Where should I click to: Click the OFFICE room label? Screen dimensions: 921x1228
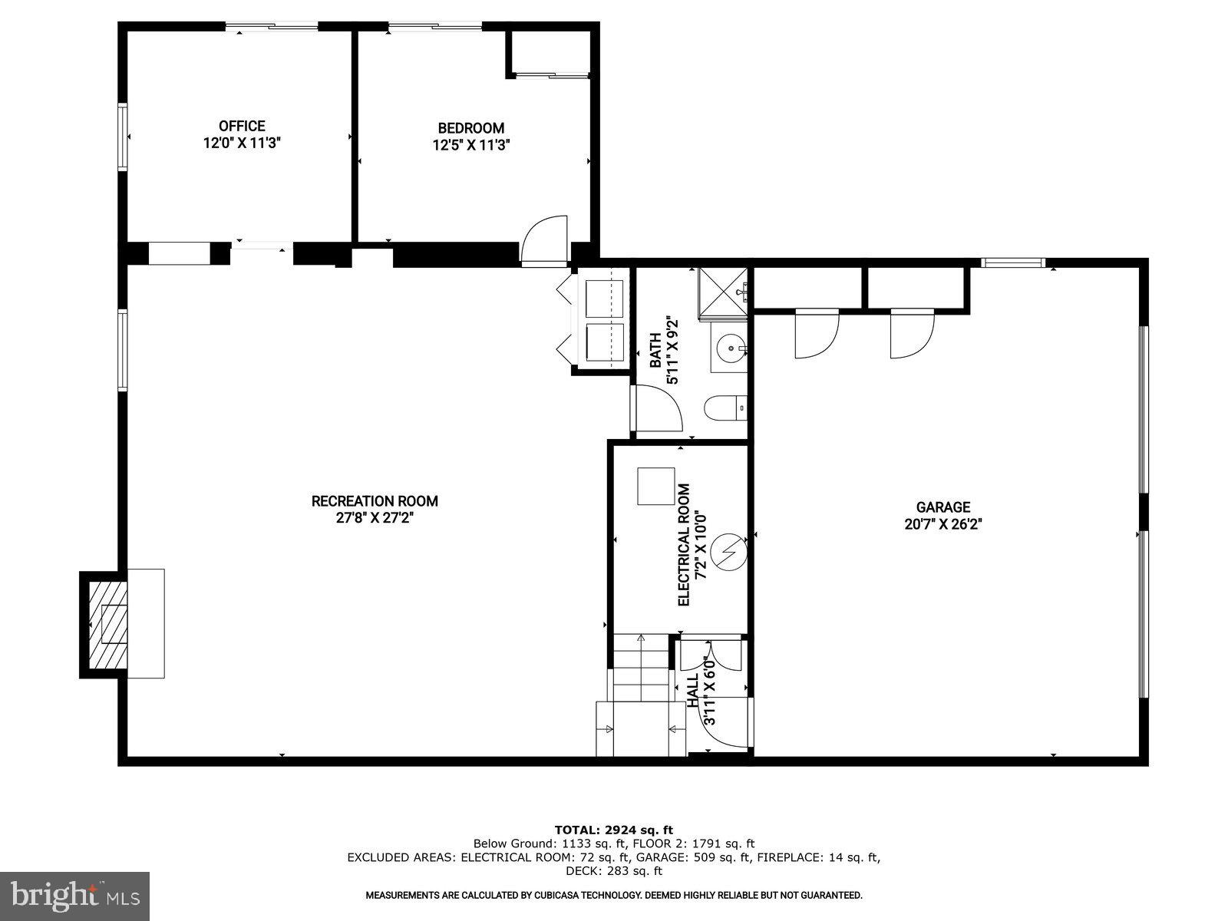pos(242,126)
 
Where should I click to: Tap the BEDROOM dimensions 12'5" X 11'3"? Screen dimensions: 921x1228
pos(470,144)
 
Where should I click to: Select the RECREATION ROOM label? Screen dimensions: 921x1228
pos(375,501)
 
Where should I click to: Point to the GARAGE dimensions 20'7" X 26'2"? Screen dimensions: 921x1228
pos(943,524)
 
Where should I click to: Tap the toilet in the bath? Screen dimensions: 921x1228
pos(725,408)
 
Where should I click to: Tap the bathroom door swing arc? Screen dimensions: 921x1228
pos(655,409)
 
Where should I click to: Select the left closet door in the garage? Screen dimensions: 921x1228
pos(816,334)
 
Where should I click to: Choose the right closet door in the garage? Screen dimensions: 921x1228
pos(911,334)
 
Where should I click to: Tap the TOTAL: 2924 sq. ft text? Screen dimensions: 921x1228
pos(613,830)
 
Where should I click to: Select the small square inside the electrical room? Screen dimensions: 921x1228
pos(655,486)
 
